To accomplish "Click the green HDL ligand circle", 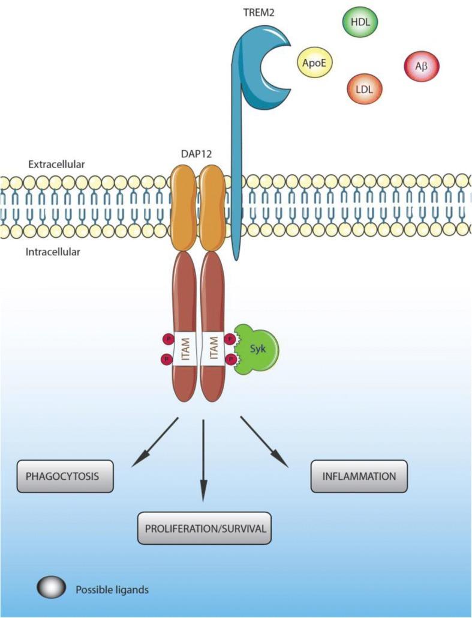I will [357, 24].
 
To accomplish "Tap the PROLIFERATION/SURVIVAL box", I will [205, 529].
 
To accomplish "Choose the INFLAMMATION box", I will [359, 476].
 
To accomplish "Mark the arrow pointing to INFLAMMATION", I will [264, 441].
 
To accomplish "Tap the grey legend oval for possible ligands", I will [52, 589].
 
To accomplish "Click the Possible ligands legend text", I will [112, 590].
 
